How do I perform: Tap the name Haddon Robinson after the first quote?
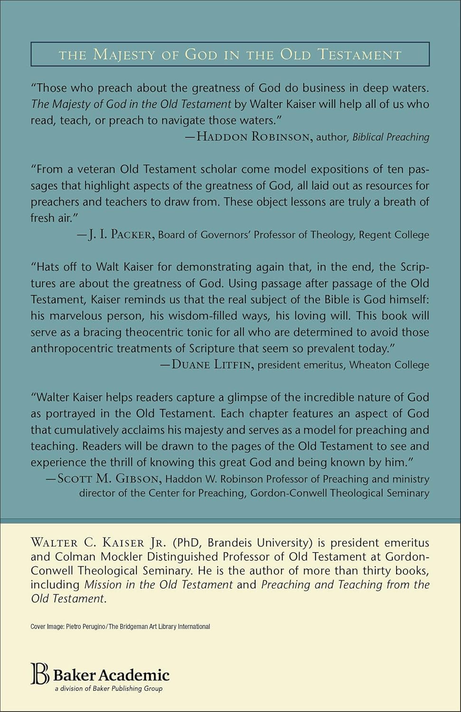254,137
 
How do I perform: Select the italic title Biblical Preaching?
391,137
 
